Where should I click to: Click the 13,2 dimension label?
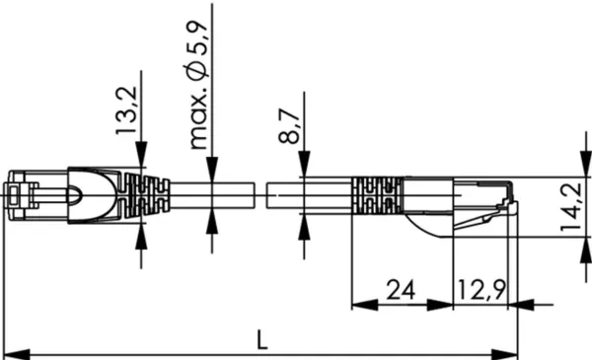pyautogui.click(x=126, y=110)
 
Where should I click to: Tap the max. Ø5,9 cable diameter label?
pyautogui.click(x=198, y=84)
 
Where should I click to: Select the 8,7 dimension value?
pyautogui.click(x=289, y=125)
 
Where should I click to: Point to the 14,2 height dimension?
pyautogui.click(x=571, y=207)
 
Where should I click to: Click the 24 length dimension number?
pyautogui.click(x=401, y=290)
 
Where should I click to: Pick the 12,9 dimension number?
pyautogui.click(x=481, y=290)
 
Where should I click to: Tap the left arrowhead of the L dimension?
pyautogui.click(x=17, y=355)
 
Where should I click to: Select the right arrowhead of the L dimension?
pyautogui.click(x=504, y=355)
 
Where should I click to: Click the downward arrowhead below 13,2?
pyautogui.click(x=141, y=154)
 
